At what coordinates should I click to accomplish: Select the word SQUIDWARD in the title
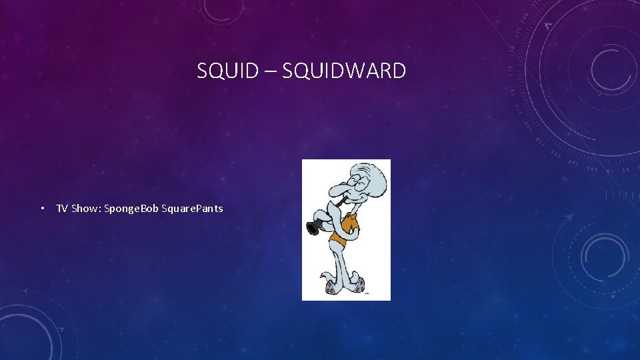[344, 71]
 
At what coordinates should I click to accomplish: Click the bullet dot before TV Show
[41, 209]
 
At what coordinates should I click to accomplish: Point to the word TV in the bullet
[61, 209]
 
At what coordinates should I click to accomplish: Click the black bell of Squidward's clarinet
[312, 229]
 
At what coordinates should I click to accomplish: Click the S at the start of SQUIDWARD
[287, 71]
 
